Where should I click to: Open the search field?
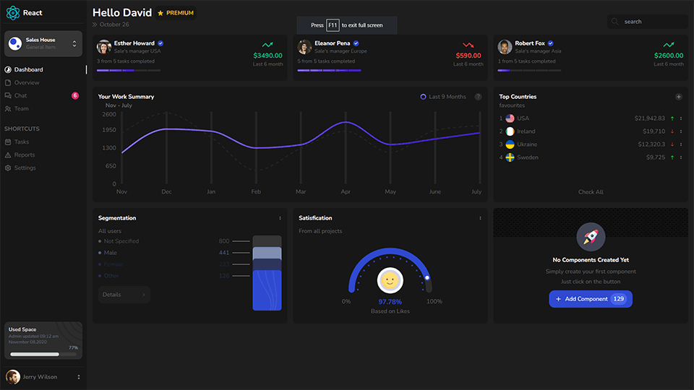[x=647, y=22]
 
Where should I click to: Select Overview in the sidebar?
[x=27, y=82]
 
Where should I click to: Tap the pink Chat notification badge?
[x=75, y=95]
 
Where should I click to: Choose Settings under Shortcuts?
[x=25, y=168]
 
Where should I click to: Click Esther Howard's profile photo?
[x=104, y=47]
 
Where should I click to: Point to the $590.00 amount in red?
[x=468, y=56]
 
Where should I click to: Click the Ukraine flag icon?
[x=510, y=144]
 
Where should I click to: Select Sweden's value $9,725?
[x=655, y=157]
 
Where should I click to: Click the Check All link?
[x=591, y=192]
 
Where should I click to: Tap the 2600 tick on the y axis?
[x=108, y=114]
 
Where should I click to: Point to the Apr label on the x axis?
[x=346, y=192]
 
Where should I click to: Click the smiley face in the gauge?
[x=390, y=279]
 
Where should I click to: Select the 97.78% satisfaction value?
[x=390, y=301]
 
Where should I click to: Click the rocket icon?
[x=591, y=236]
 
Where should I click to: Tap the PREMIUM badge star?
[x=160, y=13]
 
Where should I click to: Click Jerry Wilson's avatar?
[x=13, y=377]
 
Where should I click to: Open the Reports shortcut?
[x=24, y=155]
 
